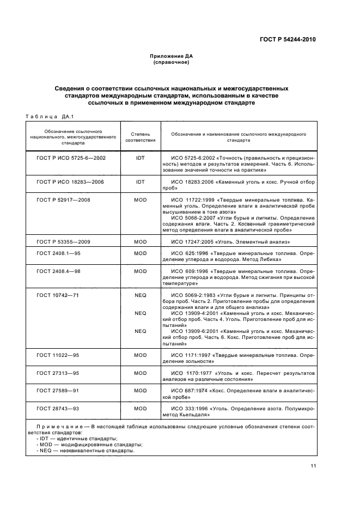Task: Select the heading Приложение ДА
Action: click(x=171, y=57)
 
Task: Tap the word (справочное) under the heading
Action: click(x=171, y=63)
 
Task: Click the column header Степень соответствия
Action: click(x=141, y=136)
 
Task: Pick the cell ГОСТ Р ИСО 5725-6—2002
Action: click(x=71, y=157)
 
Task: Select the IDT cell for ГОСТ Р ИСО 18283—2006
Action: click(x=141, y=182)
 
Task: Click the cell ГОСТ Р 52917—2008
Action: click(x=63, y=200)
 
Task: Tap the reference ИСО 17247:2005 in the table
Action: click(x=191, y=241)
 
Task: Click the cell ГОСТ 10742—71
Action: click(x=58, y=294)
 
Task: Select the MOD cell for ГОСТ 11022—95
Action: click(x=141, y=355)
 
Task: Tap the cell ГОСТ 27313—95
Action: click(x=58, y=373)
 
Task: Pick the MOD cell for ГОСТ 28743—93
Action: click(x=141, y=408)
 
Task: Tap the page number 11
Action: click(x=313, y=465)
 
